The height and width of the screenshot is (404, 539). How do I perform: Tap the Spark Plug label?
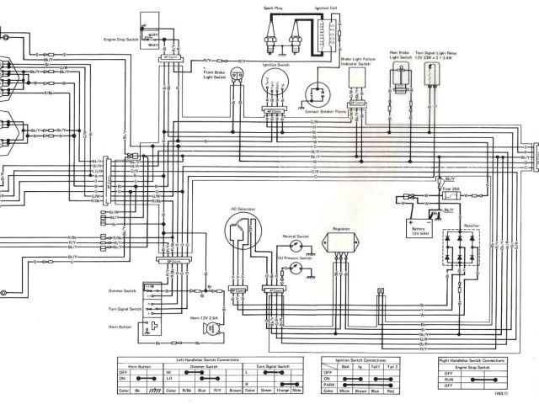click(x=272, y=6)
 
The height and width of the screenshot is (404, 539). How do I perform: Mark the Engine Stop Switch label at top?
click(x=121, y=40)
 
